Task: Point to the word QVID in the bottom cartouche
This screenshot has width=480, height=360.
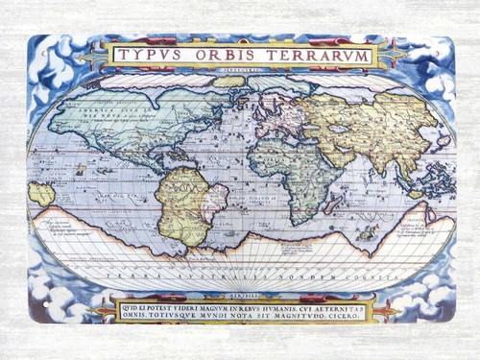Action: click(x=130, y=300)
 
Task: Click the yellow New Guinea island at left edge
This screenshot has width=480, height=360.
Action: click(x=41, y=193)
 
